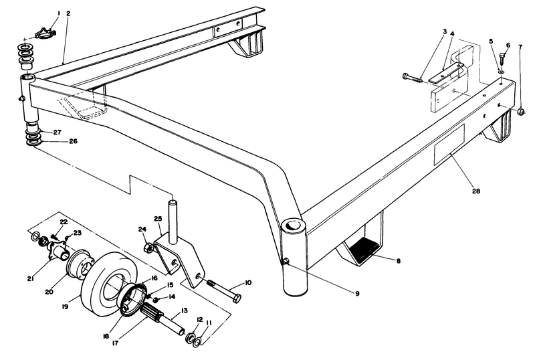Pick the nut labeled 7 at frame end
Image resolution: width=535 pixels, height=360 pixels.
click(x=522, y=111)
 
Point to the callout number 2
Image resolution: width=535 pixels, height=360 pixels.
click(x=68, y=14)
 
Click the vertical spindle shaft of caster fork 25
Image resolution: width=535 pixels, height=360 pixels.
click(x=173, y=217)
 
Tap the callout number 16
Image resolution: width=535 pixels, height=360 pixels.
click(x=153, y=277)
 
